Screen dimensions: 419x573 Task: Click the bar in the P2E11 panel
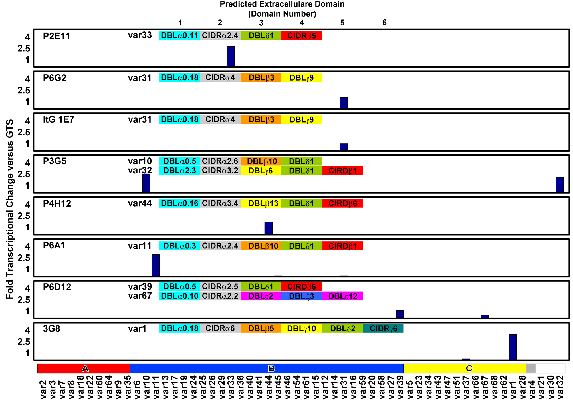pyautogui.click(x=231, y=57)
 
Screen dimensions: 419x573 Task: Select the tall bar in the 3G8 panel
pyautogui.click(x=513, y=347)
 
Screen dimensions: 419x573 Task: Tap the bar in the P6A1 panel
pyautogui.click(x=156, y=265)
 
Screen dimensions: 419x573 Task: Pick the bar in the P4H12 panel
pyautogui.click(x=268, y=228)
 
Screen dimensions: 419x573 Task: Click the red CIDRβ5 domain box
pyautogui.click(x=302, y=36)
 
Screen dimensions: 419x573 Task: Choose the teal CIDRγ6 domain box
pyautogui.click(x=383, y=328)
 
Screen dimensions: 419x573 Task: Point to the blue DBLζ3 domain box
pyautogui.click(x=302, y=296)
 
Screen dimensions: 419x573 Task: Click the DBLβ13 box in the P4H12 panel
pyautogui.click(x=261, y=203)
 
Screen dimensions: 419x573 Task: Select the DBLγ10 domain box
pyautogui.click(x=302, y=328)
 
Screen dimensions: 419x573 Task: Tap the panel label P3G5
pyautogui.click(x=55, y=161)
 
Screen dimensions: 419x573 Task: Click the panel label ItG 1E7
pyautogui.click(x=58, y=119)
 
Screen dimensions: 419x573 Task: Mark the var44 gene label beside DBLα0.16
pyautogui.click(x=140, y=203)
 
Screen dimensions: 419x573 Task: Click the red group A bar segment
pyautogui.click(x=84, y=368)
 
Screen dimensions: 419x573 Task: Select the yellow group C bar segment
pyautogui.click(x=465, y=368)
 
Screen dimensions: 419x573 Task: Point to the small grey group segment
pyautogui.click(x=530, y=368)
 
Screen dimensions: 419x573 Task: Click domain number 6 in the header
pyautogui.click(x=384, y=23)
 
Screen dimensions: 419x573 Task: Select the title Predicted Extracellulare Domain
pyautogui.click(x=282, y=4)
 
